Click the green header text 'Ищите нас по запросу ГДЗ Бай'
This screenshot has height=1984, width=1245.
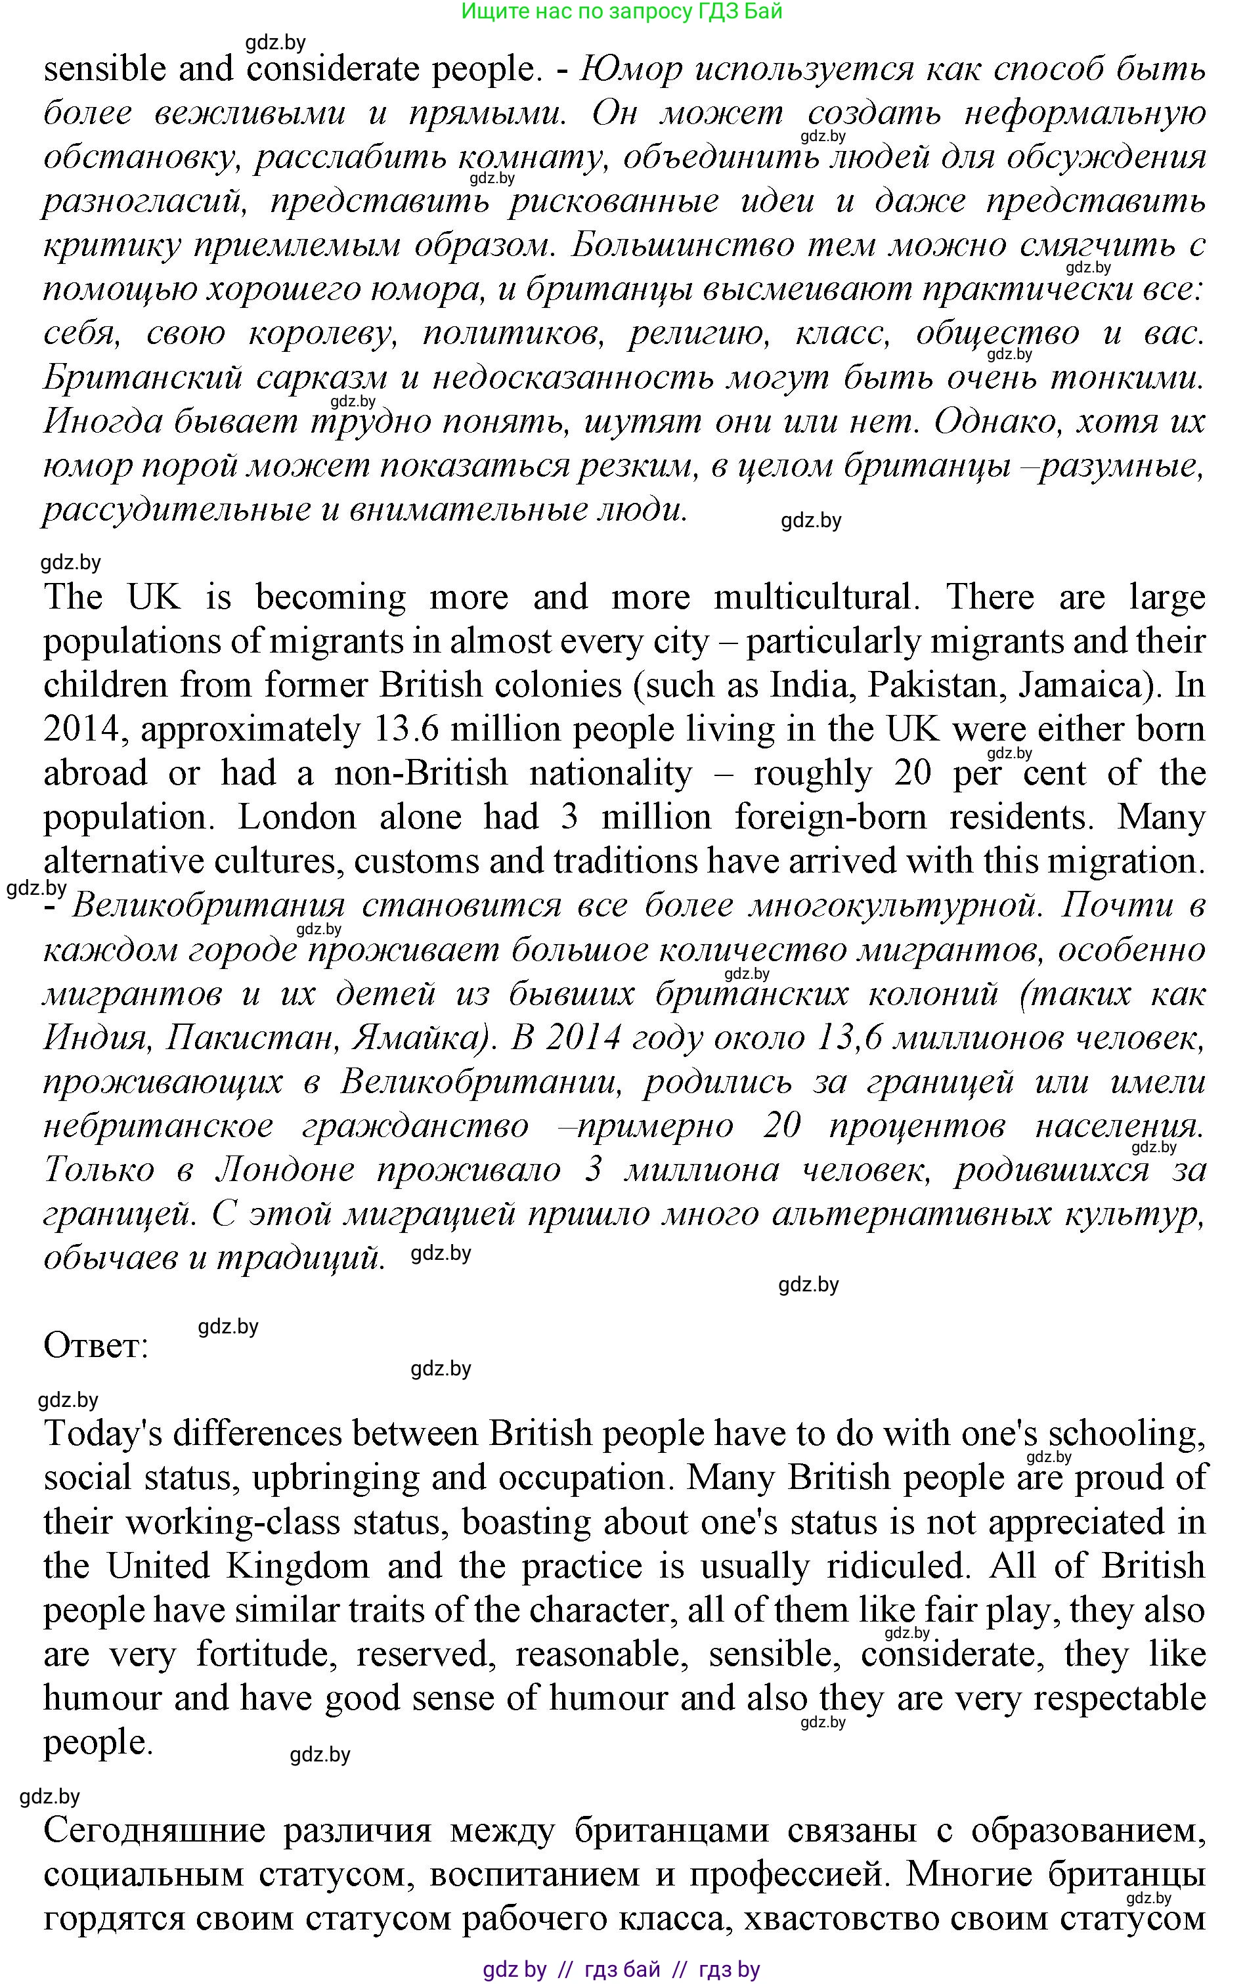point(622,12)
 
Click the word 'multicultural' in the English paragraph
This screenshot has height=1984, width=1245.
point(814,597)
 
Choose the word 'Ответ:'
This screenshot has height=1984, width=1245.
point(95,1345)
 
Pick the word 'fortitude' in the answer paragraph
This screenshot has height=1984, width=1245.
point(263,1654)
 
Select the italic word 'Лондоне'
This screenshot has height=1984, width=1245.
point(285,1170)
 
